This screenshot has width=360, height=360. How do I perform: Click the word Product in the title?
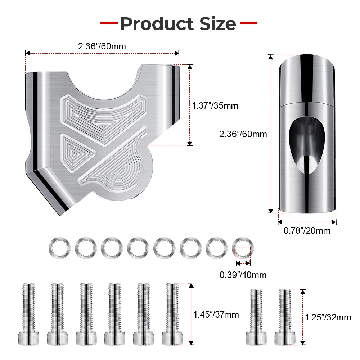(157, 24)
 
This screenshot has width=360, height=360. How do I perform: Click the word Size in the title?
(218, 24)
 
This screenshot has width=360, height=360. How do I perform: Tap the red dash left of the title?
(109, 23)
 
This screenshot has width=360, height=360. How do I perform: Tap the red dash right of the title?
(249, 23)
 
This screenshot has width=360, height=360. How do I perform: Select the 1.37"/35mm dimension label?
(215, 106)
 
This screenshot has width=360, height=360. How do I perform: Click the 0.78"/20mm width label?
(307, 230)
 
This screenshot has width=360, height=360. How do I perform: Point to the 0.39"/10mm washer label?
(243, 275)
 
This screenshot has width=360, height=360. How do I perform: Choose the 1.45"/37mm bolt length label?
(216, 315)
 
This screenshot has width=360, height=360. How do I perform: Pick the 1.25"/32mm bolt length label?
(328, 318)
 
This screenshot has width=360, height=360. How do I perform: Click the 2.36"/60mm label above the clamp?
(102, 46)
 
